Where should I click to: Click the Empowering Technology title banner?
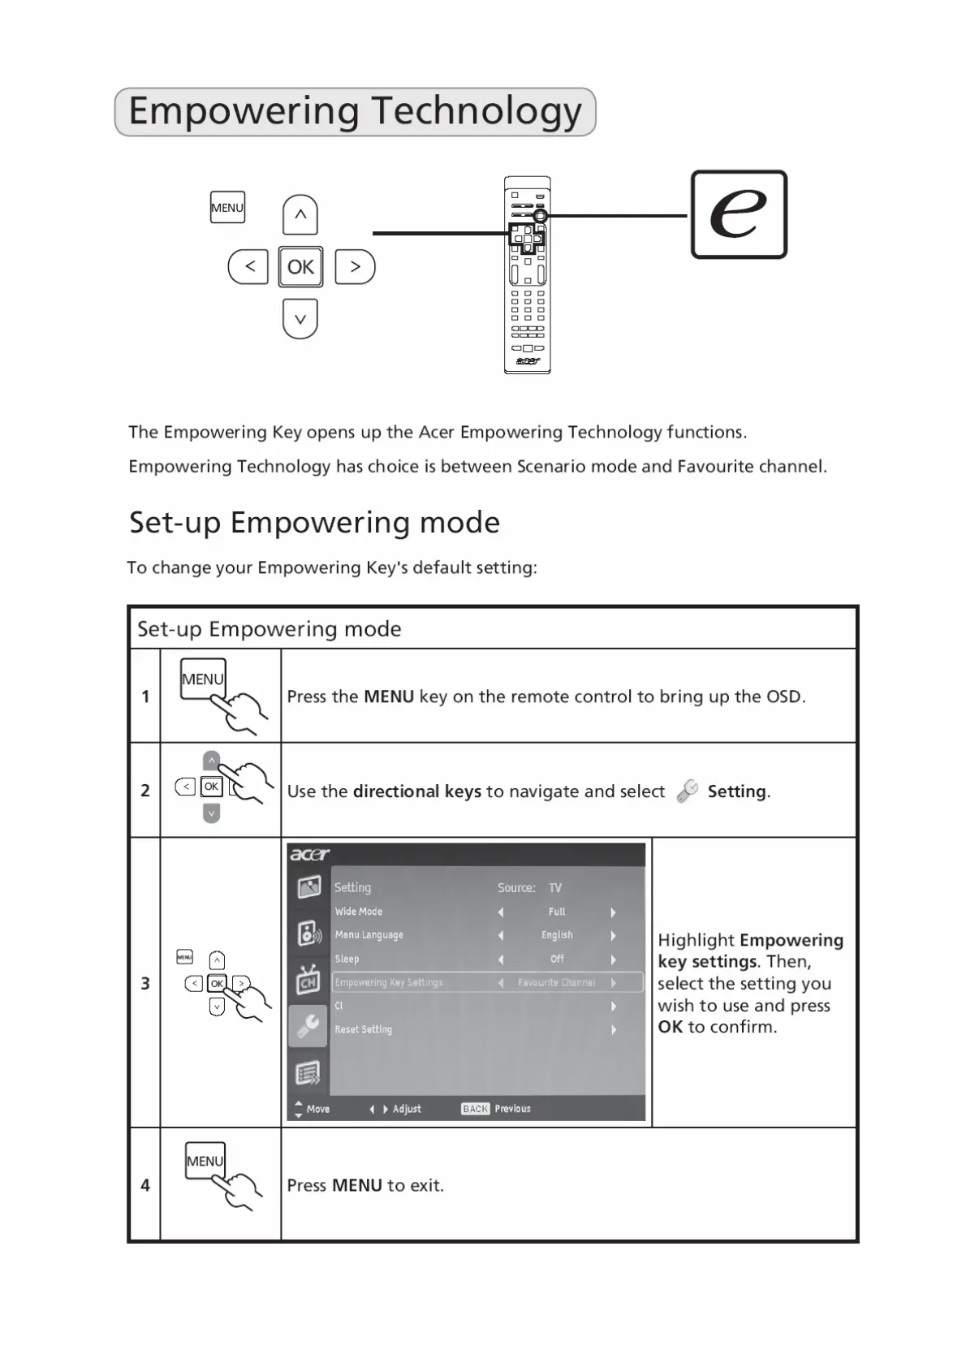(x=355, y=112)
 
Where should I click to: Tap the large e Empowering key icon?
(x=739, y=214)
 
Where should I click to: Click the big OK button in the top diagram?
(x=300, y=267)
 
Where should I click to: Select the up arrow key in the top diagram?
(x=300, y=215)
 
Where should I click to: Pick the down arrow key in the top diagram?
(x=300, y=319)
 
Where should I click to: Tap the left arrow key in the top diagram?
(x=248, y=267)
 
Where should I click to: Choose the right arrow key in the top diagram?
(x=355, y=267)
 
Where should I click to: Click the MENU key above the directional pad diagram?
(x=227, y=208)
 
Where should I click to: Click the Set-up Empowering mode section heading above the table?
(x=314, y=523)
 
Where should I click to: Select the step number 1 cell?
(x=145, y=696)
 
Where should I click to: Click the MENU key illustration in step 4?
(x=205, y=1162)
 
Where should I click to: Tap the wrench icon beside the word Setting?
(x=687, y=791)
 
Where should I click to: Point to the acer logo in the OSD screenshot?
(x=309, y=854)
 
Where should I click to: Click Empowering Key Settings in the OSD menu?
(x=389, y=982)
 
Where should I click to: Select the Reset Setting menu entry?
(x=364, y=1029)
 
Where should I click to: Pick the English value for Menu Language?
(x=557, y=935)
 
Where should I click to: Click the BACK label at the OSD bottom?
(x=475, y=1109)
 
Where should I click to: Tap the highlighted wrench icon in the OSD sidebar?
(x=308, y=1026)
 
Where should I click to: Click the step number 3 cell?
(x=145, y=983)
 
